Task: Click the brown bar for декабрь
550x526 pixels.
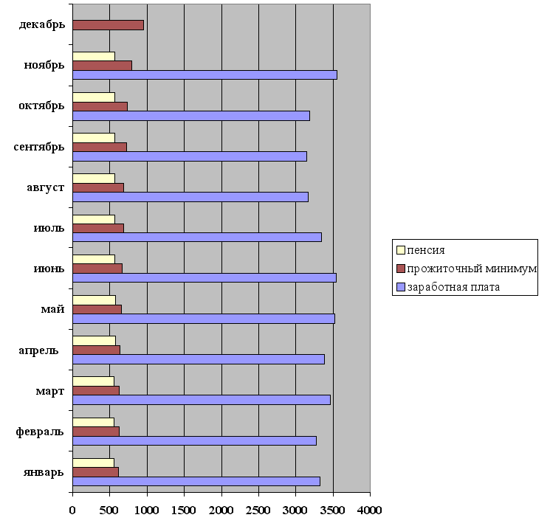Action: tap(108, 25)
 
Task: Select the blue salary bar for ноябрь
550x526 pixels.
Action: tap(204, 75)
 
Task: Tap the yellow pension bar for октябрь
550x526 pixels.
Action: tap(94, 97)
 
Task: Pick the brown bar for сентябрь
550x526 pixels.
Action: tap(100, 147)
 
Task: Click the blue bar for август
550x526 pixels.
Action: tap(190, 197)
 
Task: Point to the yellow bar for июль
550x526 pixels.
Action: tap(94, 218)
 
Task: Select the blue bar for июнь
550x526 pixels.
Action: tap(204, 278)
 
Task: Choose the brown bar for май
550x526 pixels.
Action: tap(97, 309)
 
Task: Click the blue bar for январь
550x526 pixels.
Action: tap(196, 481)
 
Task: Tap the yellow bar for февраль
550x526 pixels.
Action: tap(93, 422)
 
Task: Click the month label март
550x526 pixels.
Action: tap(48, 391)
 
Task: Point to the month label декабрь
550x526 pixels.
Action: tap(42, 25)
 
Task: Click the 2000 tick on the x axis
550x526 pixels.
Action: tap(221, 510)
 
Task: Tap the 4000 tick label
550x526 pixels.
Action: tap(370, 510)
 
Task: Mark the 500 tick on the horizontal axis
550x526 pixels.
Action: tap(109, 510)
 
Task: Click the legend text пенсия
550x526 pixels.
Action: tap(425, 250)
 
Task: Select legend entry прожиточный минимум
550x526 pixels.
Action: tap(472, 269)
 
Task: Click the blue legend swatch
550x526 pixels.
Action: tap(401, 287)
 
